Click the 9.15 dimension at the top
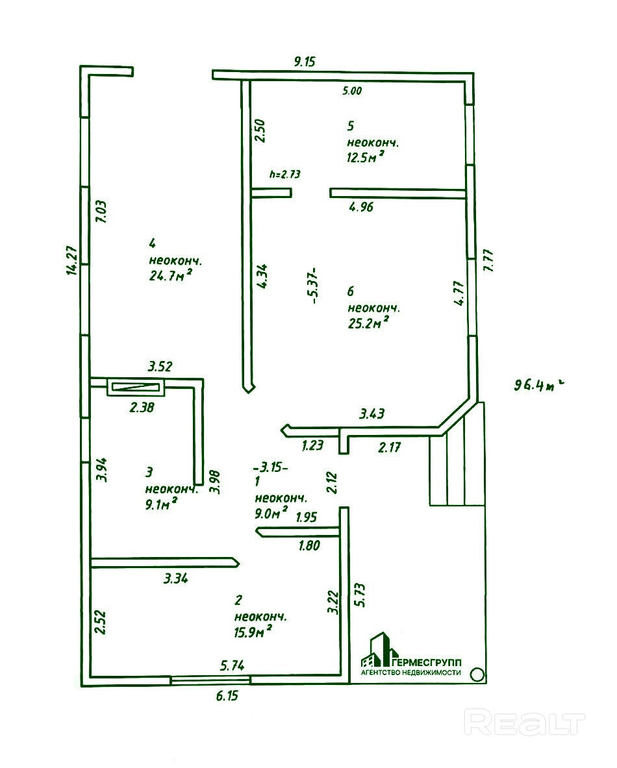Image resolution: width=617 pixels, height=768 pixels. (x=304, y=62)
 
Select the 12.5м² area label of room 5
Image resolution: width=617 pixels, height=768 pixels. (x=364, y=156)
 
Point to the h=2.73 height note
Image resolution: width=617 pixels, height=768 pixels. (x=284, y=174)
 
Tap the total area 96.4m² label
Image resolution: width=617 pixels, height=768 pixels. (x=536, y=385)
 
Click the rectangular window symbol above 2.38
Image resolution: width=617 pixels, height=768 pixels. (x=136, y=388)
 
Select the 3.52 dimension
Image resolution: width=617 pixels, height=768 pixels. (x=159, y=367)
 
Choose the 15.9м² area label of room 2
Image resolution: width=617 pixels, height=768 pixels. (x=253, y=631)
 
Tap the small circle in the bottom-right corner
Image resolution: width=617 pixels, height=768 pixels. (x=477, y=675)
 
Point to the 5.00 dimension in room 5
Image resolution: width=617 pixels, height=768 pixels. (x=352, y=91)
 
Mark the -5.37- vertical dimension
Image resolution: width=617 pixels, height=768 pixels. (x=314, y=286)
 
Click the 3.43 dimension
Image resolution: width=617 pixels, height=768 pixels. (x=373, y=413)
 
